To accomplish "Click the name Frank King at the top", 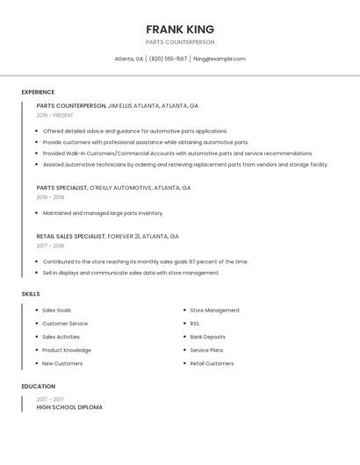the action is point(180,29).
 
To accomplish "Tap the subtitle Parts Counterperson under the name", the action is point(180,42).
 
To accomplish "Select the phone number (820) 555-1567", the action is point(168,59).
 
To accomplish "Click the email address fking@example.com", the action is point(219,59).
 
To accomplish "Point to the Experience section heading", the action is point(38,92).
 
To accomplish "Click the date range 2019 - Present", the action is point(55,115).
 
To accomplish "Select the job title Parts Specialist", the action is point(61,188).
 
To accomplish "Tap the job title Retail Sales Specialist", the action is point(71,236).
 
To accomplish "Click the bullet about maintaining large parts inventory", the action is point(103,213).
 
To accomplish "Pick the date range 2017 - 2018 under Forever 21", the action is point(50,246).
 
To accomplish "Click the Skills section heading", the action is point(31,294).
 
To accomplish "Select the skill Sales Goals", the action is point(57,311).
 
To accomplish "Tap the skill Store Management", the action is point(215,311).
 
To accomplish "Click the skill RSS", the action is point(195,324).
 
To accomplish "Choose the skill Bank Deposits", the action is point(208,337).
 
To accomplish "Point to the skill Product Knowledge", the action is point(67,350).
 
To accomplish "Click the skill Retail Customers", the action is point(212,363).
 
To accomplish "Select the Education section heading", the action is point(39,386).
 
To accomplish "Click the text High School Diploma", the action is point(69,407).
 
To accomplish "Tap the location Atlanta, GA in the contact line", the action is point(128,59).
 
